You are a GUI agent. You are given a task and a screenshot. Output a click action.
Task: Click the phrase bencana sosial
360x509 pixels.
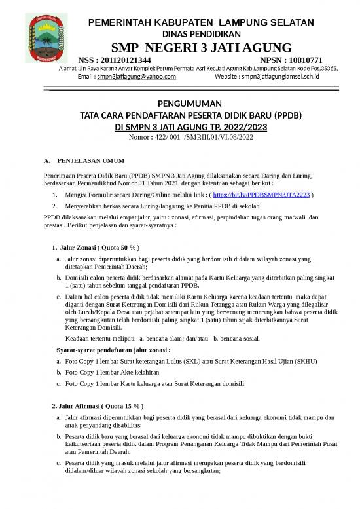pyautogui.click(x=240, y=338)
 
